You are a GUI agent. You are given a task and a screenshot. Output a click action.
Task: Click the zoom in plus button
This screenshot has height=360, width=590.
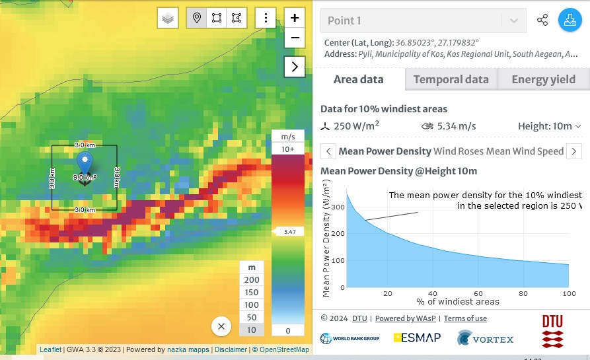tap(295, 18)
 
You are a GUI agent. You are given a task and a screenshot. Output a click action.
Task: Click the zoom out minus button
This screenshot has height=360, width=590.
tap(295, 38)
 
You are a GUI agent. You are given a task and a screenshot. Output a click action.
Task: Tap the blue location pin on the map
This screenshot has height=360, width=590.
tap(85, 162)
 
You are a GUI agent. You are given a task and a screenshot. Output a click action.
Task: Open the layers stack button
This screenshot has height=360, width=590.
tap(168, 18)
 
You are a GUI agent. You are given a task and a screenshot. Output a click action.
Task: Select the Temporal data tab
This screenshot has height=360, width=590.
tap(451, 79)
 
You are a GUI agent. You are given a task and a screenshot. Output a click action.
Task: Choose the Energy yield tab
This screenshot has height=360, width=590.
tap(543, 79)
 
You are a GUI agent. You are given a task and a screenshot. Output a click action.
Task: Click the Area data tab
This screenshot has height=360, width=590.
tap(358, 79)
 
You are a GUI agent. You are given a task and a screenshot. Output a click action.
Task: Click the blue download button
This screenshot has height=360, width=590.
tap(568, 20)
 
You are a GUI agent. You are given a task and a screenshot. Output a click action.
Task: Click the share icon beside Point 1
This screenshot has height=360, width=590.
tap(542, 20)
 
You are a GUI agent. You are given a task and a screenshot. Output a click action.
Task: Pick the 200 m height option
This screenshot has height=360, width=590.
tap(252, 280)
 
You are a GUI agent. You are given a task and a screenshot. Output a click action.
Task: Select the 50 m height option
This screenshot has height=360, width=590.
tap(252, 317)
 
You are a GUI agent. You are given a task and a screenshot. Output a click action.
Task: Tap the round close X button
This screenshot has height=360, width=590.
tap(221, 326)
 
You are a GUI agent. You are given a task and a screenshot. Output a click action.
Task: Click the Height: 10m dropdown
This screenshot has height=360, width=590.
tap(550, 126)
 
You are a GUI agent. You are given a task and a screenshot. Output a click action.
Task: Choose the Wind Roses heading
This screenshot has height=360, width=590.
tap(459, 151)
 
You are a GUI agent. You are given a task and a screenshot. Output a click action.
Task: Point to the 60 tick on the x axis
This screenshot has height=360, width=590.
tap(478, 294)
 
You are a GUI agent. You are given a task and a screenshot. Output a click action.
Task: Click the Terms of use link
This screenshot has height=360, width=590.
tap(465, 318)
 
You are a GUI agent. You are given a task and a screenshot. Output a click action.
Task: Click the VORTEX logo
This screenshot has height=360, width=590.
tap(485, 339)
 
